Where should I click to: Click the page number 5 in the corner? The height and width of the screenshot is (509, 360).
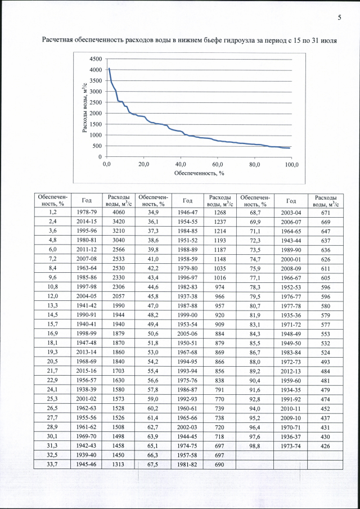point(339,18)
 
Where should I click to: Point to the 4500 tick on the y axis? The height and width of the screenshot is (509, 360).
point(95,59)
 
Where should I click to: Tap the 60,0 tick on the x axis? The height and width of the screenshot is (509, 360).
point(218,164)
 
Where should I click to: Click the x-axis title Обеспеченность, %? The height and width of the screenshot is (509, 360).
point(199,173)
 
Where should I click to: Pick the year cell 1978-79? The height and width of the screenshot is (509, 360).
point(86,212)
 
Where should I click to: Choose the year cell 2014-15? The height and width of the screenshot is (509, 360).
point(86,222)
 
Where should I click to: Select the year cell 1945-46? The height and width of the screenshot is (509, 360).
point(86,463)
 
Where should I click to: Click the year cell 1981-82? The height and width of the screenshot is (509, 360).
point(186,463)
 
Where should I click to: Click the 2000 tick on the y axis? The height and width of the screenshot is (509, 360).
point(95,113)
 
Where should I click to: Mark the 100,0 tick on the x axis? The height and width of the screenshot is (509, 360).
point(291,164)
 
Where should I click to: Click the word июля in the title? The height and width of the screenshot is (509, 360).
point(331,40)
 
